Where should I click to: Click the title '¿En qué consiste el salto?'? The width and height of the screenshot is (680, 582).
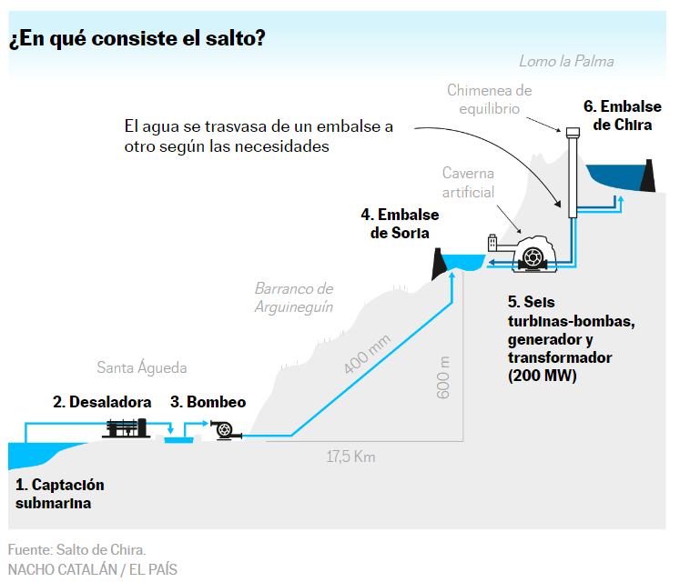[137, 38]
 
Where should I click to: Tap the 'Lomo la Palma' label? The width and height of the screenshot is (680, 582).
[566, 61]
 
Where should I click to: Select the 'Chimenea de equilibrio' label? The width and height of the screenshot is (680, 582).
[489, 99]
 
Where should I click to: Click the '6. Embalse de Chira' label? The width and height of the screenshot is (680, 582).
[623, 115]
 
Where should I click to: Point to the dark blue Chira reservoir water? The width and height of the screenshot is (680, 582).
[614, 176]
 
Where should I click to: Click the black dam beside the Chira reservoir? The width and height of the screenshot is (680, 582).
[648, 176]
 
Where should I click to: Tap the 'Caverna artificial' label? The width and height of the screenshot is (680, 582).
[468, 183]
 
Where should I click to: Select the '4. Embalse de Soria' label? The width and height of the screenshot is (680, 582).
[400, 224]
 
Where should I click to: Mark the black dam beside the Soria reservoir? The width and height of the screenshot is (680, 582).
[439, 264]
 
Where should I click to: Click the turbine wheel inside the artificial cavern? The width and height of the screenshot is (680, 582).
[533, 257]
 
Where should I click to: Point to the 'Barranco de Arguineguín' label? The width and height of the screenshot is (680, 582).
[294, 297]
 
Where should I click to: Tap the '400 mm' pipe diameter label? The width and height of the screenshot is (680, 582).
[367, 354]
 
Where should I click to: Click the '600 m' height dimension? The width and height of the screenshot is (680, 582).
[443, 377]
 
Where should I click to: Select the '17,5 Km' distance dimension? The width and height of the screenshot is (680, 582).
[350, 457]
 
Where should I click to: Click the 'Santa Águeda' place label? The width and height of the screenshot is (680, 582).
[142, 367]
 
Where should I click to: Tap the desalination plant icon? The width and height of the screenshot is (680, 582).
[126, 428]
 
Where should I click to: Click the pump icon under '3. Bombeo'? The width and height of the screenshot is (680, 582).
[225, 430]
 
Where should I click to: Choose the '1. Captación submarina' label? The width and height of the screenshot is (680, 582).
[60, 494]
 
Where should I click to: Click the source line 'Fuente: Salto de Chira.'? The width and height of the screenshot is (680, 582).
[76, 549]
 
